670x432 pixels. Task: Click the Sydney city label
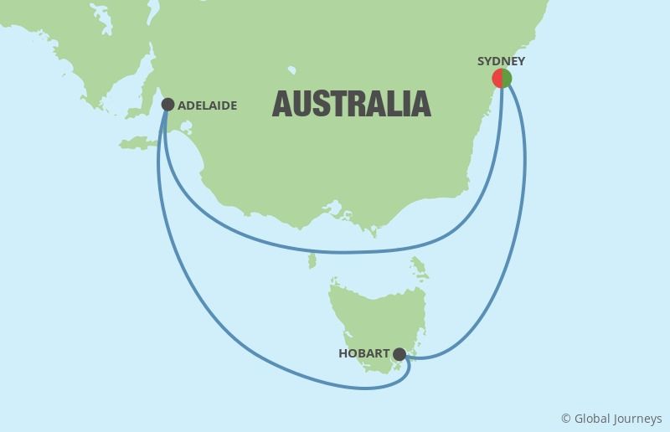(x=501, y=61)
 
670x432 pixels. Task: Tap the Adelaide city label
(x=207, y=105)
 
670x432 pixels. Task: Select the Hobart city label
(x=364, y=354)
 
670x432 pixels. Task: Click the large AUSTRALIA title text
(x=352, y=104)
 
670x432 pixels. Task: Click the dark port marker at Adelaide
(x=167, y=105)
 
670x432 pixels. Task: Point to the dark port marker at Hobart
(x=399, y=354)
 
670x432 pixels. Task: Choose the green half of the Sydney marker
(x=507, y=79)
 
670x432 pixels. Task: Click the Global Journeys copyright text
(x=611, y=419)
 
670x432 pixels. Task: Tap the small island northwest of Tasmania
(x=312, y=262)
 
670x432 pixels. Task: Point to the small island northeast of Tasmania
(x=420, y=267)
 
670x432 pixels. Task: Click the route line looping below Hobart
(x=368, y=387)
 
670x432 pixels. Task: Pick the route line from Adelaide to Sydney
(x=335, y=251)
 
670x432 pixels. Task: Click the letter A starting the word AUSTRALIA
(x=283, y=104)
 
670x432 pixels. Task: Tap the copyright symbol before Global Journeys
(x=566, y=419)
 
